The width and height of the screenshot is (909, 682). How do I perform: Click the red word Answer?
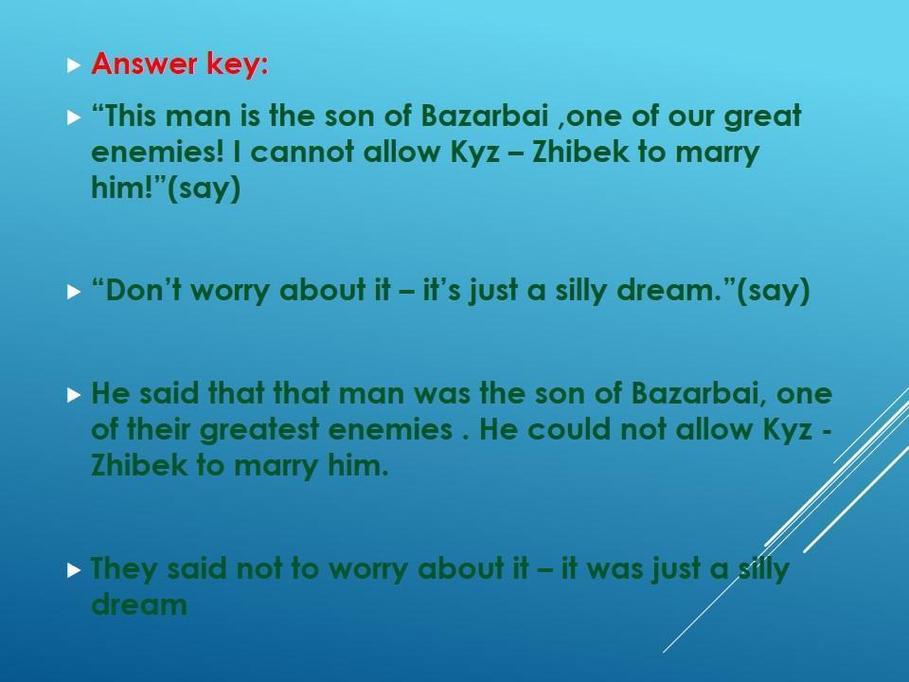[144, 63]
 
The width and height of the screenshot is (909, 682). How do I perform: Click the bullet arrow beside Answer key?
[74, 65]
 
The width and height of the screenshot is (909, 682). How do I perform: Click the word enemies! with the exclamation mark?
[157, 152]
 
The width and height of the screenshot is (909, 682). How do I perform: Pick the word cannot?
[302, 152]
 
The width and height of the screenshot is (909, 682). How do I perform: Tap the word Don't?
[136, 290]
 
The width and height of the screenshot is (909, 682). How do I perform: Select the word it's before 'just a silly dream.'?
[442, 290]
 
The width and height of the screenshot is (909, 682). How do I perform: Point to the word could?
[569, 429]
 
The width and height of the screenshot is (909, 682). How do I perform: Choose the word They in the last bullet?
[124, 569]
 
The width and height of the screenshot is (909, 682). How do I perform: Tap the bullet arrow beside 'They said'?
[74, 570]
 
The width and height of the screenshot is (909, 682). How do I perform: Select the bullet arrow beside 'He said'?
[74, 396]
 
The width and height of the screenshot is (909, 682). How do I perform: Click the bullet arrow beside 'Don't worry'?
[74, 291]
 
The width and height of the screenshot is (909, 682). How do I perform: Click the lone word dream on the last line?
[139, 604]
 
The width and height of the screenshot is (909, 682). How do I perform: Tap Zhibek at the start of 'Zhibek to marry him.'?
[139, 465]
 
